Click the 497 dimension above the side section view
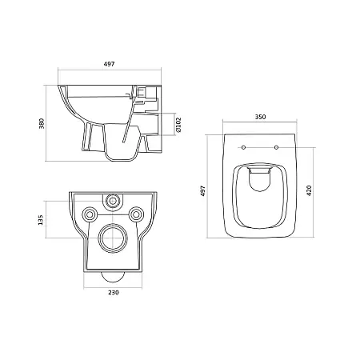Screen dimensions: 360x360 coord(110,64)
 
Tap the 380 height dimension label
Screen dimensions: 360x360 coord(42,123)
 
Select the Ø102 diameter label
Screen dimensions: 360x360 coord(178,125)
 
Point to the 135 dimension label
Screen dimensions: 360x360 coord(41,220)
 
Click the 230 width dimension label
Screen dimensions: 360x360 coord(114,293)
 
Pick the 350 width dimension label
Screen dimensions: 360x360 coord(260,117)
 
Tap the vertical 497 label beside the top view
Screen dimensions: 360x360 coord(203,191)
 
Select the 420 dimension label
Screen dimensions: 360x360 coord(309,190)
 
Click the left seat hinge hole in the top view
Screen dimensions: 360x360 coord(243,147)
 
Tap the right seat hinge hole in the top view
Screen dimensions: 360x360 coord(276,147)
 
